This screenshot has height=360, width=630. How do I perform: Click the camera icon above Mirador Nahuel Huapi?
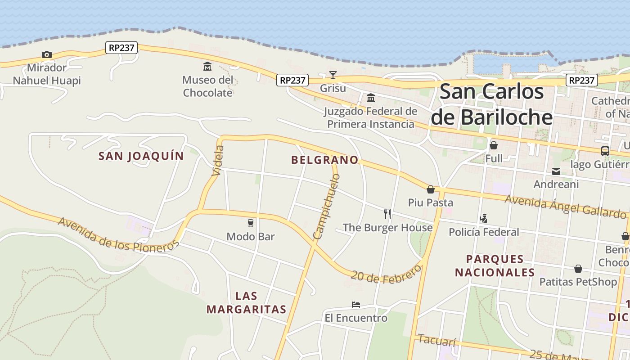pos(47,54)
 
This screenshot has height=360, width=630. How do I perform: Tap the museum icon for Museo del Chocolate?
pos(207,67)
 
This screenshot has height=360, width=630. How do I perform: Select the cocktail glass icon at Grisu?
pos(333,75)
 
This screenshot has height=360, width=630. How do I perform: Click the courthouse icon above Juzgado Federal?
pos(371,98)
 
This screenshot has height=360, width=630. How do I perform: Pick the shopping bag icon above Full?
pos(494,145)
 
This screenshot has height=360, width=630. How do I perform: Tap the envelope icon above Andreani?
pos(556,171)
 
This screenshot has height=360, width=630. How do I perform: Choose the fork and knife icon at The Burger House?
pos(387,214)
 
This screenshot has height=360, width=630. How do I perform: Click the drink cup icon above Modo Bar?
pos(251,223)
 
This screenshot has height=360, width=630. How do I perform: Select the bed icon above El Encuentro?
pos(356,305)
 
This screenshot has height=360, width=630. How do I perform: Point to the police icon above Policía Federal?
pos(484,219)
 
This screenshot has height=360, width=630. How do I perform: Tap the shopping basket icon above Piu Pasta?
pos(431,189)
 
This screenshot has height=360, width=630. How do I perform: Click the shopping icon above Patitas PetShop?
pos(578,269)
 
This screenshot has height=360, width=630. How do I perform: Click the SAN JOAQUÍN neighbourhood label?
pos(141,156)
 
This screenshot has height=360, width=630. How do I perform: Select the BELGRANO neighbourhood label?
pos(325,160)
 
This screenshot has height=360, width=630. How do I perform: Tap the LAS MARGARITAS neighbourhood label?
pos(247,302)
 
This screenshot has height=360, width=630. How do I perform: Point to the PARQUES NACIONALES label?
pos(495,265)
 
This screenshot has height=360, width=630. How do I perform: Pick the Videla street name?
pos(217,160)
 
